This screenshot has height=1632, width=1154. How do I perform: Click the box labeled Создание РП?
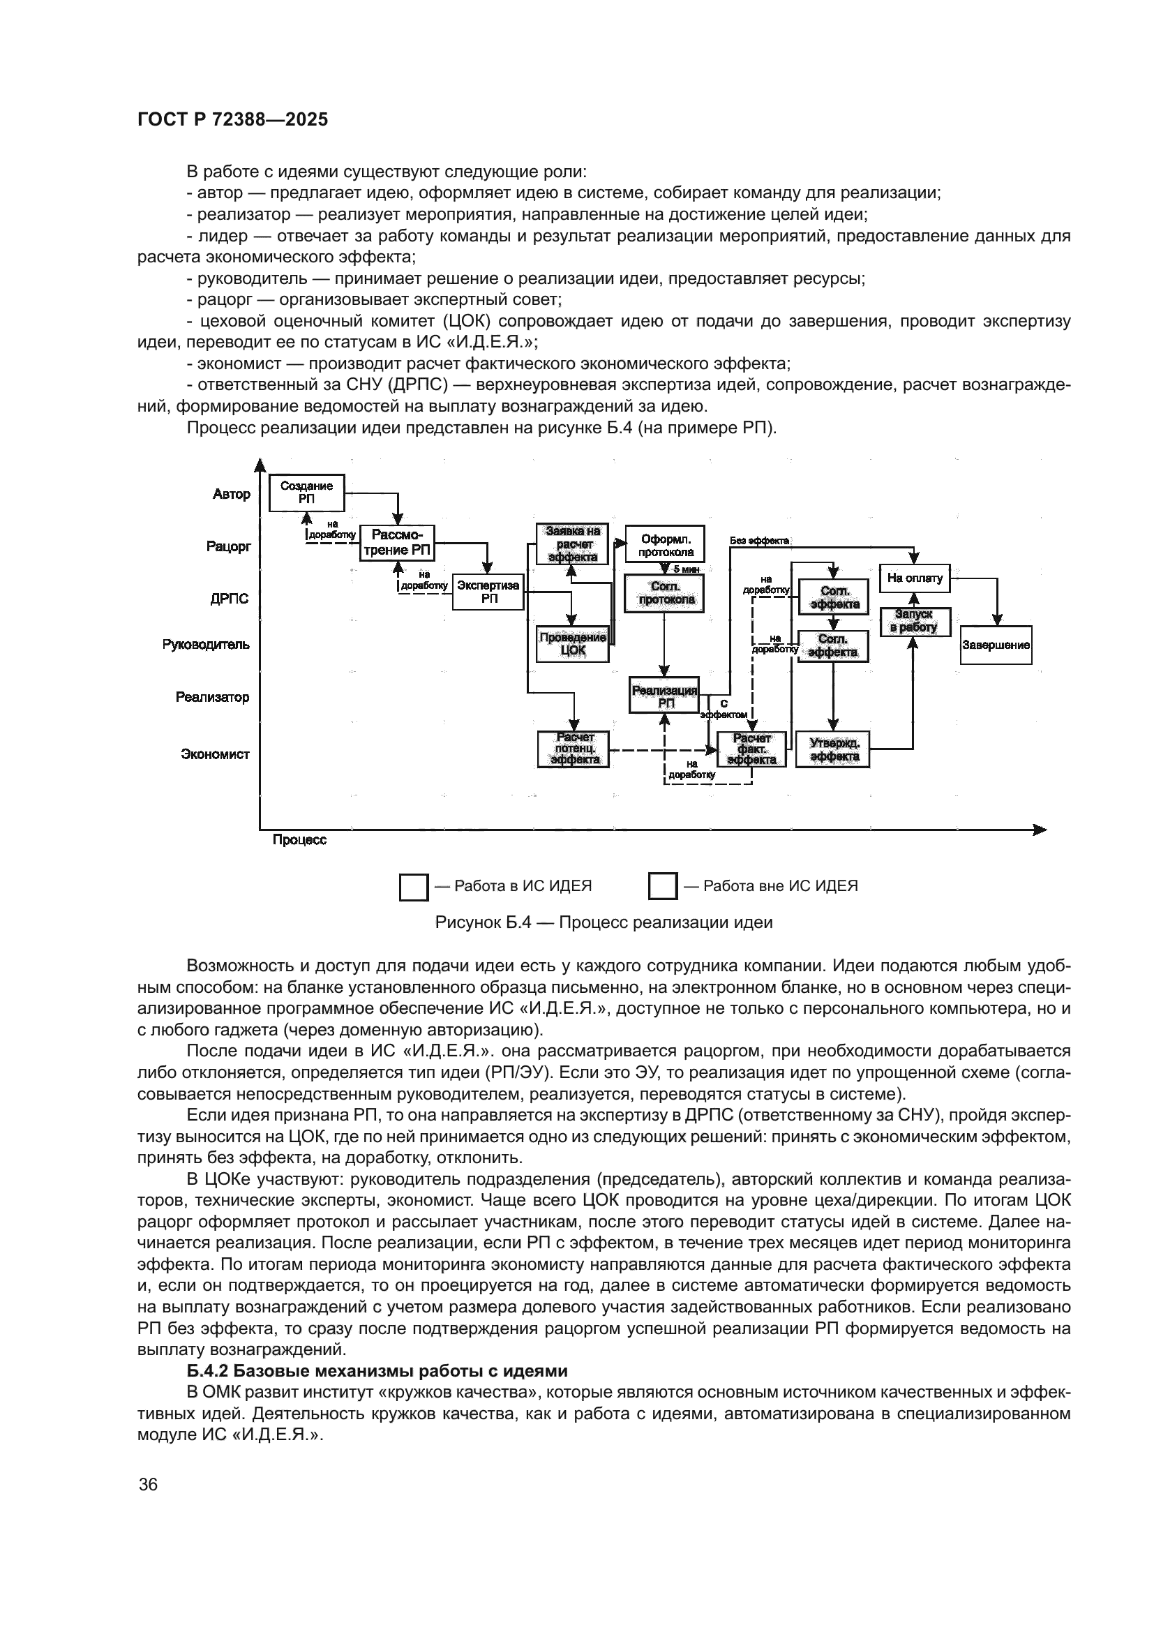306,493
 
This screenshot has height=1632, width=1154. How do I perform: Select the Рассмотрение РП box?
396,543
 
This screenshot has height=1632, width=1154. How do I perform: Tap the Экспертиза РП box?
488,592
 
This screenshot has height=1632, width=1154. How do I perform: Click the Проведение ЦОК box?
573,643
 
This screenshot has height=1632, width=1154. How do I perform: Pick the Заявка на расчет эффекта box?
573,544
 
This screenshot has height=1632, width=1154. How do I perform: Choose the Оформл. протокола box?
665,545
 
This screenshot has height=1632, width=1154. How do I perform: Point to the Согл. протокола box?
664,594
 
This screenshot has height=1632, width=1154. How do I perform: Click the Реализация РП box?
664,695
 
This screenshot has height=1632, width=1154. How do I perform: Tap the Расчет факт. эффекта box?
751,749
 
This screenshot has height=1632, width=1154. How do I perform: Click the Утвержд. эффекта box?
833,749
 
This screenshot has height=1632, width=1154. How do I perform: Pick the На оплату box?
915,578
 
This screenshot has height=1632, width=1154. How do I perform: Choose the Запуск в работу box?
915,621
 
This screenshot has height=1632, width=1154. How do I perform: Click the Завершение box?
996,645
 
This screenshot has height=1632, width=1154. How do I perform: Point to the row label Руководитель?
206,645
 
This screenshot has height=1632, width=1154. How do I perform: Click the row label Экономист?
215,754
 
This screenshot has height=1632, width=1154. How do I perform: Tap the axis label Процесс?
299,839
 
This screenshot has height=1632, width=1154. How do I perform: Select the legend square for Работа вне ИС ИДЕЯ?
662,886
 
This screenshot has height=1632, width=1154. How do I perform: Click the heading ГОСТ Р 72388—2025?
232,119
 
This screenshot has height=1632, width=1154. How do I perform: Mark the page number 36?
148,1484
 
